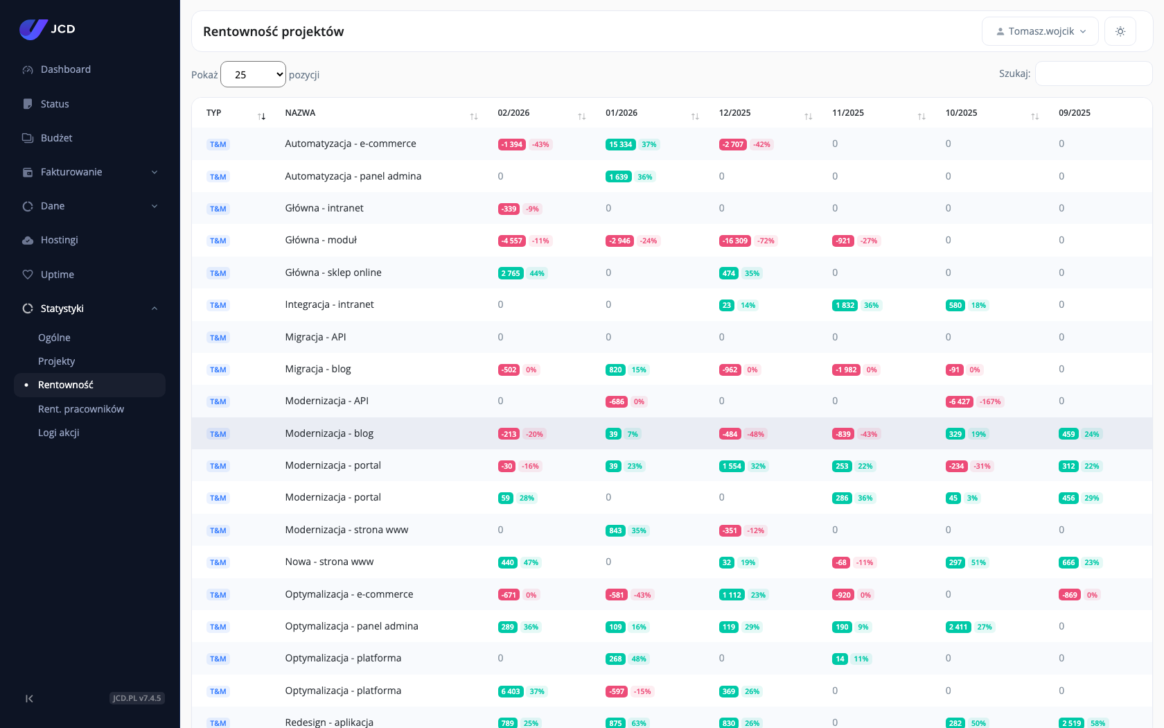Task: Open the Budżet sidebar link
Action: [56, 138]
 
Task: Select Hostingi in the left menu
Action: [60, 240]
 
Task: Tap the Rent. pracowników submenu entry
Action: [81, 409]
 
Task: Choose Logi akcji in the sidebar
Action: [59, 433]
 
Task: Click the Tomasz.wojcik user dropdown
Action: [1040, 31]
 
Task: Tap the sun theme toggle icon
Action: [1120, 31]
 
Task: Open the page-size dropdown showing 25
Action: [253, 74]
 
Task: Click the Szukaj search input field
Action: [1093, 73]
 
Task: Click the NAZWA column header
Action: [301, 113]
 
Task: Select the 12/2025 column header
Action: [734, 113]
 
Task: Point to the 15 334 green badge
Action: [621, 144]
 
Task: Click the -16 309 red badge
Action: [734, 241]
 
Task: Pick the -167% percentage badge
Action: [990, 401]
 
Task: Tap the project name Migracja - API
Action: [315, 337]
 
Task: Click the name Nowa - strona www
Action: [330, 562]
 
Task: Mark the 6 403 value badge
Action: [510, 691]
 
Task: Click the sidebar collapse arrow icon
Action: [29, 698]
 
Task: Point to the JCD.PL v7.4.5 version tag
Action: [137, 697]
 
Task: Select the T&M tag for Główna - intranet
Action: [218, 209]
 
